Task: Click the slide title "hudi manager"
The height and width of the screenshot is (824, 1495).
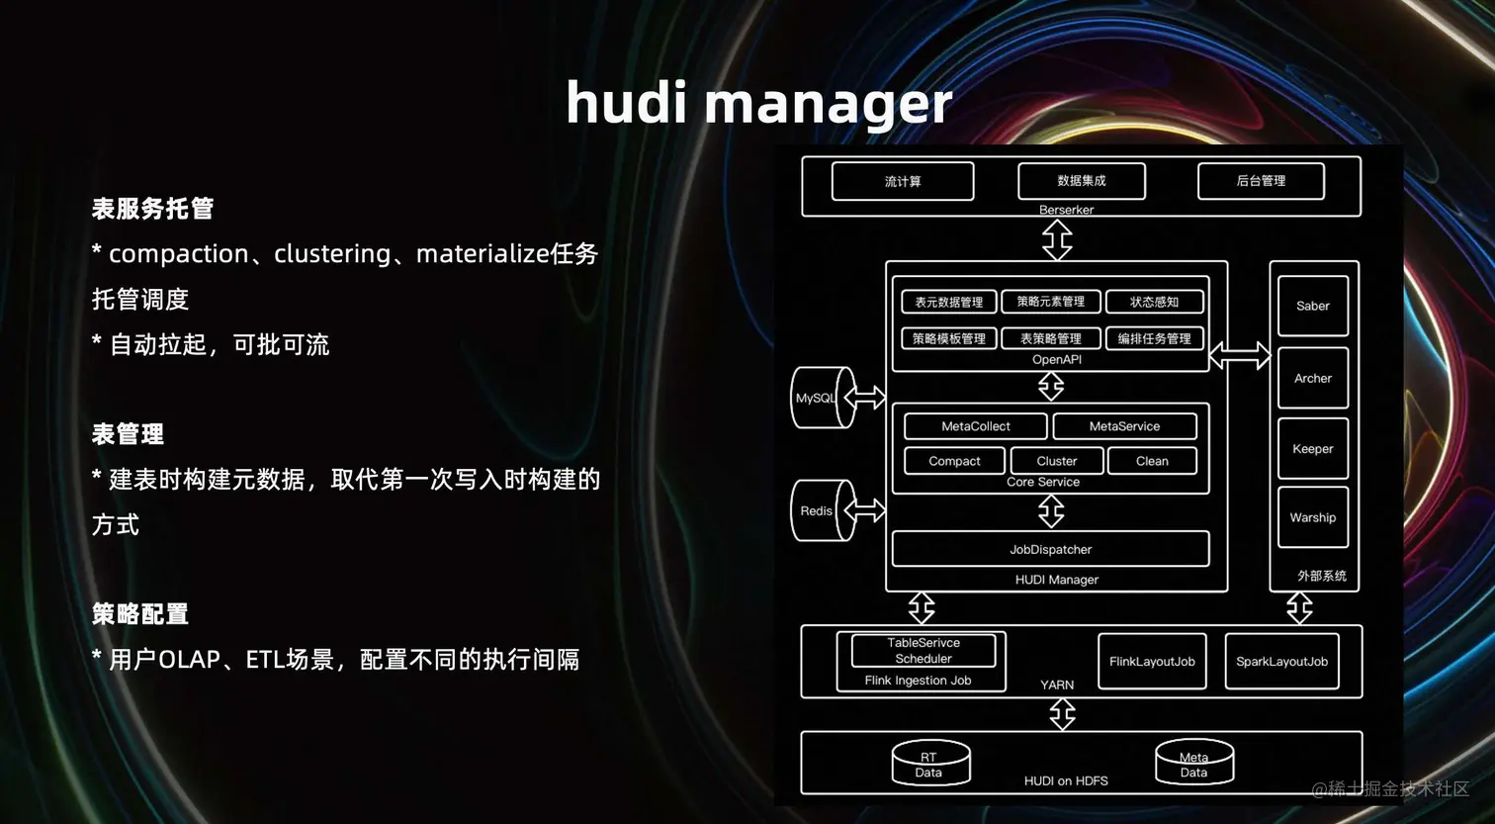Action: (758, 103)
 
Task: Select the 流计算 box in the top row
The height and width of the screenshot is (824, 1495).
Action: (903, 181)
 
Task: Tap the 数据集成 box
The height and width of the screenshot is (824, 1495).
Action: (1082, 181)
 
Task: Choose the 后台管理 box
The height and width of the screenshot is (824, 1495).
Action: (1261, 181)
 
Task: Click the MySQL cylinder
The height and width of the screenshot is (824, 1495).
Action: (820, 398)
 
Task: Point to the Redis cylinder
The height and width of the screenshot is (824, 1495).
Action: (820, 510)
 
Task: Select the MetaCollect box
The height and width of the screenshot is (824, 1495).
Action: (975, 426)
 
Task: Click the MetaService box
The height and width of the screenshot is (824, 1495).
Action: (1124, 426)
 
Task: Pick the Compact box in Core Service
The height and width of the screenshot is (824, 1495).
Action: (954, 461)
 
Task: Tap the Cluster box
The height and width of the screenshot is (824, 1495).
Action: (1057, 461)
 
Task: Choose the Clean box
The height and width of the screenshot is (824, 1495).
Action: (1152, 461)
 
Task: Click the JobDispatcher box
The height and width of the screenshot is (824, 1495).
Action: (1050, 549)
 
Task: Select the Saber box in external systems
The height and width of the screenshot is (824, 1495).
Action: (1312, 306)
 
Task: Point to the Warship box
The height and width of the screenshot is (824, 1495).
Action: (1312, 517)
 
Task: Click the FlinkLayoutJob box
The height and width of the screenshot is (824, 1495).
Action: (1152, 661)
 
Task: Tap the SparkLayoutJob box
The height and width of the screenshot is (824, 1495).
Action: (1281, 661)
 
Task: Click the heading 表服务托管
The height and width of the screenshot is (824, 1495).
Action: (152, 209)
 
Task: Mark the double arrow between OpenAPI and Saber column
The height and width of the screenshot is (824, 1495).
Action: (1239, 355)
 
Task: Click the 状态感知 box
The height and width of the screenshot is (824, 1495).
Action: (1154, 302)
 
